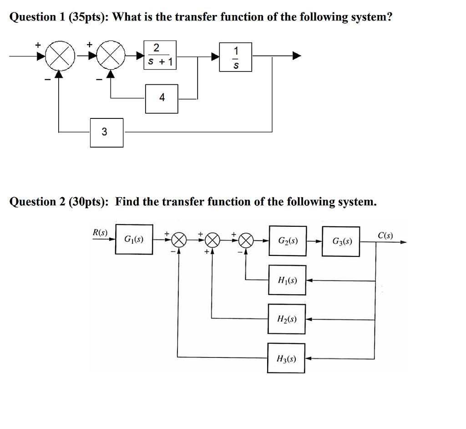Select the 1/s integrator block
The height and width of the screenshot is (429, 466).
point(235,57)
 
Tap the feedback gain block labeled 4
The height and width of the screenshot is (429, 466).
point(162,98)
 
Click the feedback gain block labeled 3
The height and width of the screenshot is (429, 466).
point(106,133)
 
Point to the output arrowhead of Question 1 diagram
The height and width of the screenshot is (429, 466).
point(296,56)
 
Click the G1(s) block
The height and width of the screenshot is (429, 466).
point(134,239)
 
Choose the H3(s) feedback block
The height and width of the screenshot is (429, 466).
point(286,358)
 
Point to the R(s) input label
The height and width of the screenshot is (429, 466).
point(100,232)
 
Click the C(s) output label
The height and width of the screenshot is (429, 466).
point(385,235)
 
